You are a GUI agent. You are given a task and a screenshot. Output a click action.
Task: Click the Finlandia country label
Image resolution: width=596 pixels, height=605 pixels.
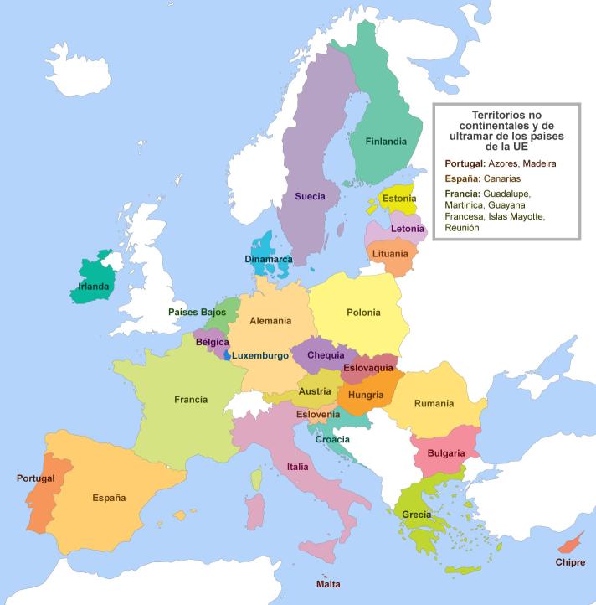tap(386, 142)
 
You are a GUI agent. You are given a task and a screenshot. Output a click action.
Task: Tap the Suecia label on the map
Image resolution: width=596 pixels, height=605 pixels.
tap(310, 197)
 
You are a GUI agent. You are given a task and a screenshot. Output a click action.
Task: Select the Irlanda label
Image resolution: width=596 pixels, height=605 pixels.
tap(93, 287)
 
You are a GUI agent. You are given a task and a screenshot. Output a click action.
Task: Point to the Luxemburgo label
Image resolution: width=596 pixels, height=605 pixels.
tap(259, 355)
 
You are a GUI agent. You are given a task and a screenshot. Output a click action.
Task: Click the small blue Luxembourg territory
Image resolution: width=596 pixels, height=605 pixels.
tap(226, 354)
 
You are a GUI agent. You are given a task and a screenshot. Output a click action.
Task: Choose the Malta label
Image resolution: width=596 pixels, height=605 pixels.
tap(328, 583)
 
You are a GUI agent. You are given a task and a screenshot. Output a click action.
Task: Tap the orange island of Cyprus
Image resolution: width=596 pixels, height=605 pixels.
tap(571, 545)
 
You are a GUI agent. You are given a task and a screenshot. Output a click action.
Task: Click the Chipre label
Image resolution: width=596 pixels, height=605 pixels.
tap(570, 562)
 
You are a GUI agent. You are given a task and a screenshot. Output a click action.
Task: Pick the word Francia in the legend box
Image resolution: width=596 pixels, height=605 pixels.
tap(463, 194)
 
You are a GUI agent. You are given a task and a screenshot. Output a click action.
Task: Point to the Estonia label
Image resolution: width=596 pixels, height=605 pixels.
tap(399, 199)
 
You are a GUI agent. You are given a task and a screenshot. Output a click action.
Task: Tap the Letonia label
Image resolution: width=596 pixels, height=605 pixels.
tap(407, 228)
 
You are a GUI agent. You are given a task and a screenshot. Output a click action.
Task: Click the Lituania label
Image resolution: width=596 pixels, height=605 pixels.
tap(390, 253)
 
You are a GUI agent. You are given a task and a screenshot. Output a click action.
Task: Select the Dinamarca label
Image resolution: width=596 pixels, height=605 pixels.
tap(269, 260)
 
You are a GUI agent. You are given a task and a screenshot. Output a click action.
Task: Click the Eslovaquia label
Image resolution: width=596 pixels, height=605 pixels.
tap(367, 368)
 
